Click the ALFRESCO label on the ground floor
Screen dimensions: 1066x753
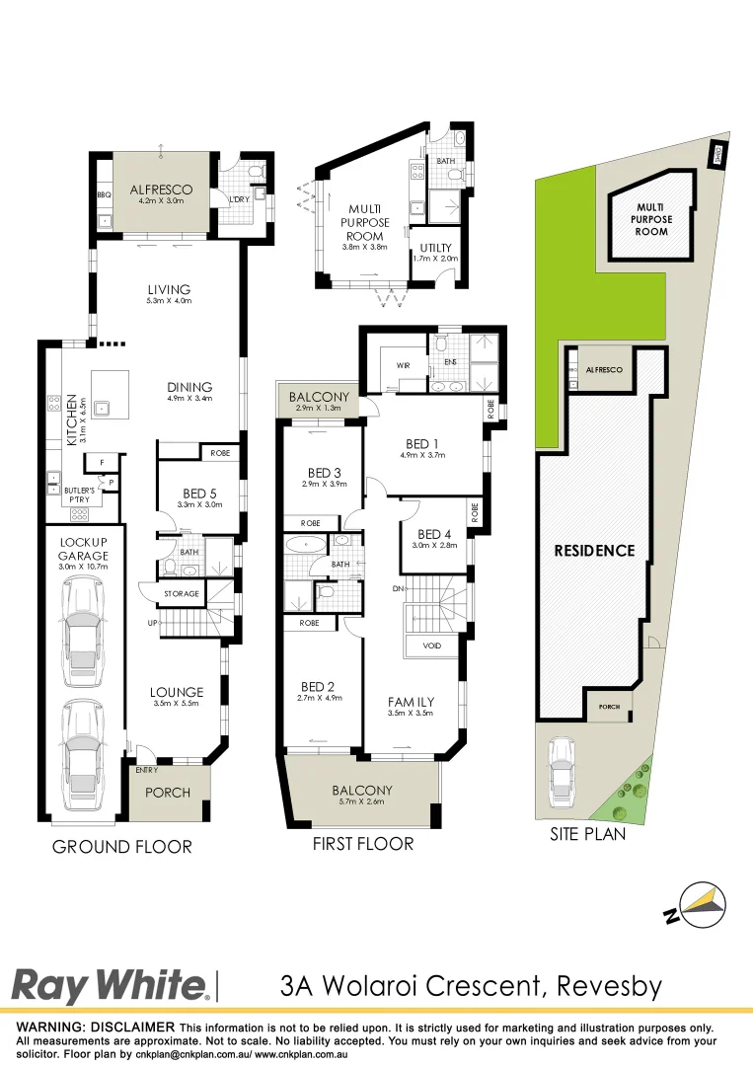tap(161, 189)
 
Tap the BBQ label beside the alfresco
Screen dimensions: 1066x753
tap(105, 195)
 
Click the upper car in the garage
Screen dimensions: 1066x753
tap(83, 632)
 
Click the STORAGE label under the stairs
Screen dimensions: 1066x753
tap(182, 594)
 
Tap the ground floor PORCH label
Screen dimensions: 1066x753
tap(168, 792)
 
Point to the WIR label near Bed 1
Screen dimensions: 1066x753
tap(403, 365)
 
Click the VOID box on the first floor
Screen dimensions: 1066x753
tap(432, 646)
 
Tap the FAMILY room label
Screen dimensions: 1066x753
tap(412, 702)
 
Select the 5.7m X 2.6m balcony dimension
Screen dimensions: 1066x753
tap(362, 803)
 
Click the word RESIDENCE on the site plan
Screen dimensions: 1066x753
tap(593, 551)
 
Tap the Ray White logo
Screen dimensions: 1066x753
tap(109, 985)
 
